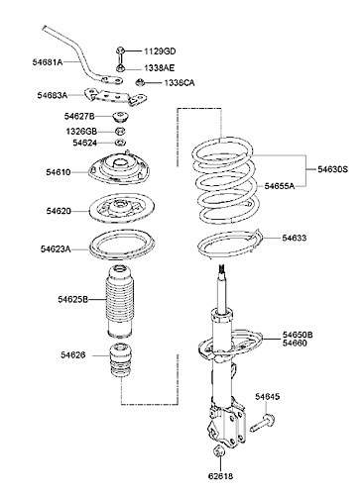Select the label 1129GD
point(158,49)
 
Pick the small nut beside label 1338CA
point(141,81)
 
